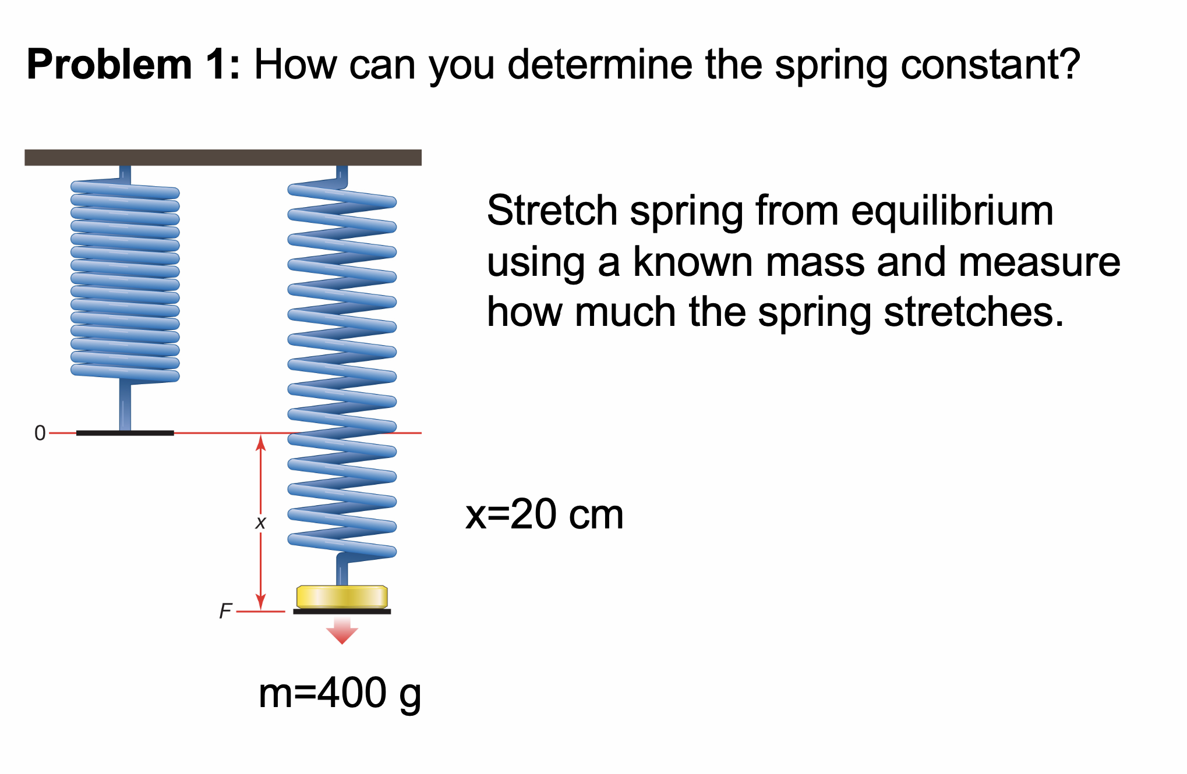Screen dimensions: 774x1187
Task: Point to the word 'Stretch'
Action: [x=552, y=211]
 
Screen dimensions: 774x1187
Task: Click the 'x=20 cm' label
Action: [x=544, y=514]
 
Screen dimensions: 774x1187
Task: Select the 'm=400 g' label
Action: [x=340, y=694]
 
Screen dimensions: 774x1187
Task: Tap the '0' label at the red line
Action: [x=40, y=433]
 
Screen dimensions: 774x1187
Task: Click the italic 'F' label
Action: [x=225, y=611]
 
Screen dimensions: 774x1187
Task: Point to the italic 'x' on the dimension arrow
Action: [x=260, y=523]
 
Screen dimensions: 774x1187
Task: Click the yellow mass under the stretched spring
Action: [x=342, y=597]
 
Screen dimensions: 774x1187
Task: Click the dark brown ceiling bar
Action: [x=222, y=158]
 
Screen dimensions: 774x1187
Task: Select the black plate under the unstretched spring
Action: [x=125, y=433]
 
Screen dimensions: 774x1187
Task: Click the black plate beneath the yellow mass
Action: [x=342, y=612]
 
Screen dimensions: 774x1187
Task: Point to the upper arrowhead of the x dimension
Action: [x=261, y=443]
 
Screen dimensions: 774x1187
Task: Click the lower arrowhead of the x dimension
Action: [x=261, y=601]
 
